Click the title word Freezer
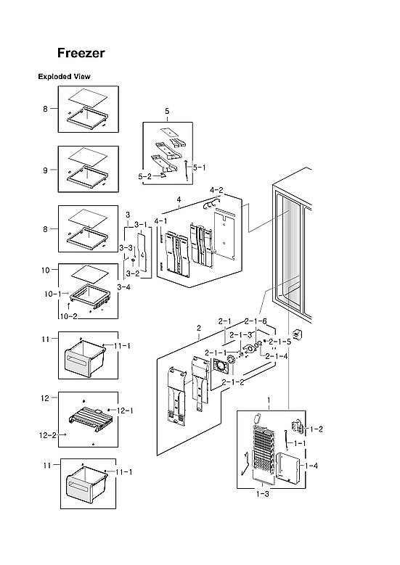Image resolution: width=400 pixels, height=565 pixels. pyautogui.click(x=81, y=54)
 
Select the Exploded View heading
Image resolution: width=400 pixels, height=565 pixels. pyautogui.click(x=64, y=76)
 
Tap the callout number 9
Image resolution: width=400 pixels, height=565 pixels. pyautogui.click(x=45, y=170)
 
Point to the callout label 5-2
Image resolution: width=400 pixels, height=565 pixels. pyautogui.click(x=145, y=176)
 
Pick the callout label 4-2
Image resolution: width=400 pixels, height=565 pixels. pyautogui.click(x=216, y=190)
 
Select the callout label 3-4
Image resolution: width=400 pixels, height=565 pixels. pyautogui.click(x=124, y=287)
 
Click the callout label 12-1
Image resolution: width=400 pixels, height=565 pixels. pyautogui.click(x=125, y=411)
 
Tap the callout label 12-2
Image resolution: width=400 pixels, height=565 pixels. pyautogui.click(x=47, y=435)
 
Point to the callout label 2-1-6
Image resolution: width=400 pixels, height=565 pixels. pyautogui.click(x=256, y=321)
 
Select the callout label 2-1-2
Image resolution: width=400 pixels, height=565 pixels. pyautogui.click(x=232, y=382)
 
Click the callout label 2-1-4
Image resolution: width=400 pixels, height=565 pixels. pyautogui.click(x=277, y=356)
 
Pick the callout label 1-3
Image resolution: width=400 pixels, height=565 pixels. pyautogui.click(x=263, y=494)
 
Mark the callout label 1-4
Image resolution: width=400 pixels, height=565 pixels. pyautogui.click(x=311, y=465)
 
